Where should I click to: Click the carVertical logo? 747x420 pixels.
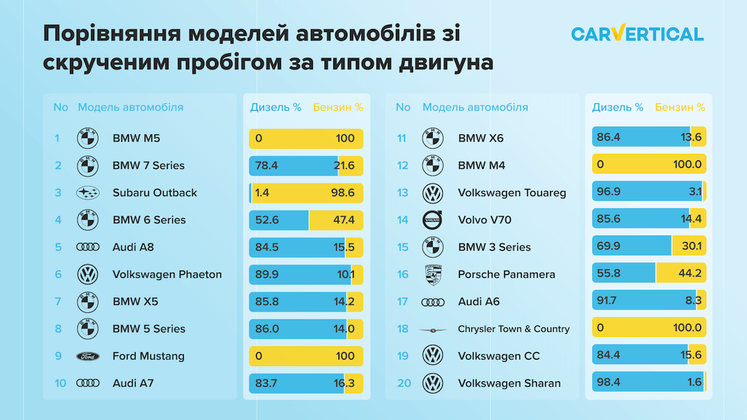click(x=637, y=34)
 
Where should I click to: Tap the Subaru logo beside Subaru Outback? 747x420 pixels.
click(x=88, y=193)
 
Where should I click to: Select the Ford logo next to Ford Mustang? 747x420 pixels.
click(x=88, y=357)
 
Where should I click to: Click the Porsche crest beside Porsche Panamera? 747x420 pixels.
click(x=433, y=275)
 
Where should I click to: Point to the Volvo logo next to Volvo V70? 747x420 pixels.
click(x=433, y=220)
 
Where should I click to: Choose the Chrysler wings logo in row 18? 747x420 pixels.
click(x=433, y=330)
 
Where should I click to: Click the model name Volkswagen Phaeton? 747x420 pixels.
click(x=167, y=275)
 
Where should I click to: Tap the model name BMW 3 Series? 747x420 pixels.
click(x=495, y=247)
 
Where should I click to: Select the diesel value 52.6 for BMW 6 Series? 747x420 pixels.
click(x=267, y=220)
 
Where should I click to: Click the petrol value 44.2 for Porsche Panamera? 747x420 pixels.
click(x=689, y=275)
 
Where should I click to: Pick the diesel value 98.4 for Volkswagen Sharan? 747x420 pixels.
click(x=610, y=384)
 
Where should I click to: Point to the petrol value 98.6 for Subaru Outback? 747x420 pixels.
click(x=341, y=193)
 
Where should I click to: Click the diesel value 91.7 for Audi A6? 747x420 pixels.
click(x=609, y=302)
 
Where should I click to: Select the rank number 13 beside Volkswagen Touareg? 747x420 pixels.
click(x=403, y=193)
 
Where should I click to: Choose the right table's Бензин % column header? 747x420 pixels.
click(x=680, y=107)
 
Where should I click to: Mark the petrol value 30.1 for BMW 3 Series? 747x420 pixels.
click(x=689, y=247)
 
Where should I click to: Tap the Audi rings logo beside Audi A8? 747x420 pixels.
click(x=88, y=247)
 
